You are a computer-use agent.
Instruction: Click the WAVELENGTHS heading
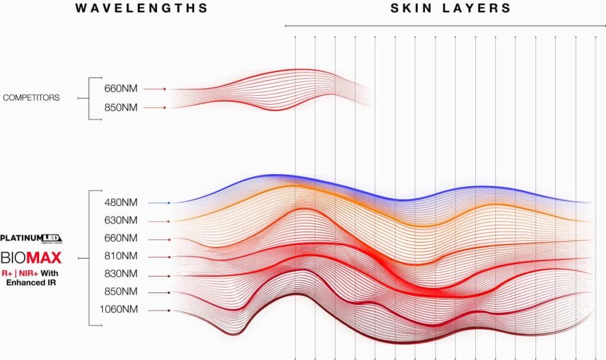(141, 8)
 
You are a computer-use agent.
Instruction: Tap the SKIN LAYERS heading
(450, 8)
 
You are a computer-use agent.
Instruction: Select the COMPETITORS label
(31, 98)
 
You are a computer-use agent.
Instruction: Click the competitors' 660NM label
(121, 89)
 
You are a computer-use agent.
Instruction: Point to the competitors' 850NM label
(121, 107)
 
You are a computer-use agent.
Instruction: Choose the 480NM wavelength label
(121, 202)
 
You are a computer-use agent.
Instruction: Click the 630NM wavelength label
(121, 221)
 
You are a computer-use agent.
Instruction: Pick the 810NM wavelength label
(121, 256)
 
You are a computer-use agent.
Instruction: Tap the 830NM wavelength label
(121, 274)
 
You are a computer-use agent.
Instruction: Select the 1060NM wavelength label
(118, 310)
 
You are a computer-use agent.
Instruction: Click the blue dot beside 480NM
(169, 203)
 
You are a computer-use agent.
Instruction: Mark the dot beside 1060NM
(169, 310)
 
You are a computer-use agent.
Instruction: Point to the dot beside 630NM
(169, 221)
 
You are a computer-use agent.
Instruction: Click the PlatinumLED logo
(31, 239)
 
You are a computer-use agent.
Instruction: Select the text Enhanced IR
(31, 283)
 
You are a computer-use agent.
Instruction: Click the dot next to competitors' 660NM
(165, 89)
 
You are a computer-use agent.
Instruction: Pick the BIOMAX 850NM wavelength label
(121, 292)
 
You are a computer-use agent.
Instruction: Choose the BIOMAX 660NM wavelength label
(121, 239)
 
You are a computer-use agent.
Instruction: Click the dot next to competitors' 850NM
(165, 108)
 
